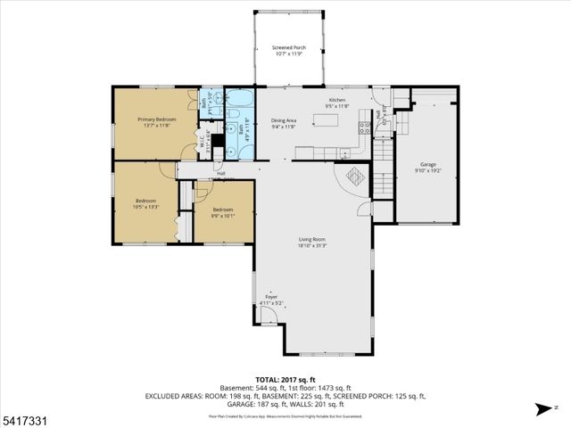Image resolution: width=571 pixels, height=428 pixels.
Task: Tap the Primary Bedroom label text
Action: click(x=156, y=119)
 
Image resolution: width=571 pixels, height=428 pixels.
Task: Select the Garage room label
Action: click(x=428, y=164)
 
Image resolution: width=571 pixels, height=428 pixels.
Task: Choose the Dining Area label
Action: click(x=285, y=120)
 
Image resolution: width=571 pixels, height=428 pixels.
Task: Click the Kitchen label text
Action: click(x=336, y=100)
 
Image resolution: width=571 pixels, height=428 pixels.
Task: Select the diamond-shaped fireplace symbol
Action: click(x=354, y=176)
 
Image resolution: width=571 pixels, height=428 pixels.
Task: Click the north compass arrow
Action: click(x=543, y=409)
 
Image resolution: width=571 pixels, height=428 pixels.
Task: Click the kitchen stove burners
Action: click(x=364, y=128)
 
